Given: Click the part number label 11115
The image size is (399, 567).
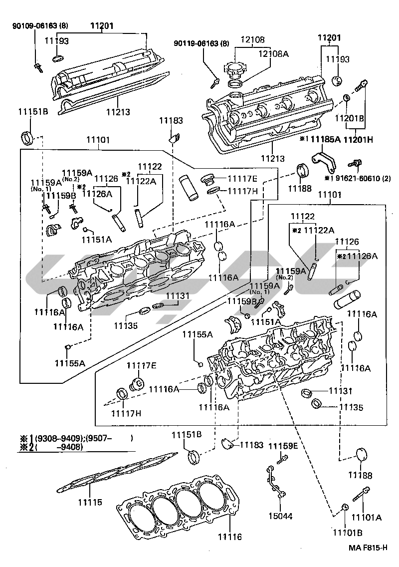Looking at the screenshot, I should coord(90,501).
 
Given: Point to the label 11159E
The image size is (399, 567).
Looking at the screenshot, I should coord(283,446).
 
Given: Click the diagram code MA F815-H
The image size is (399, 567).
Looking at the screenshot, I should coord(368,548).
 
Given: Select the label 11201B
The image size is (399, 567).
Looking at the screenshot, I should coord(349,118).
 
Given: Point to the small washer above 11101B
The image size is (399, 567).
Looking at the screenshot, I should coord(345,508).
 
